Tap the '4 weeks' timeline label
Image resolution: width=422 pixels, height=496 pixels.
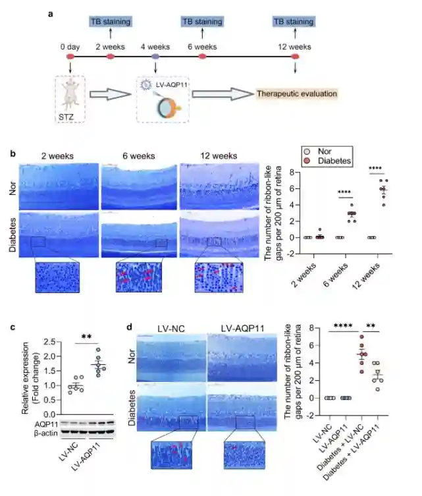coord(155,47)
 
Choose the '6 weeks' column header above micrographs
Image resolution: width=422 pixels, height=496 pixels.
coord(138,156)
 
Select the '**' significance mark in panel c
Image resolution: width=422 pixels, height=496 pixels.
coord(86,337)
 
